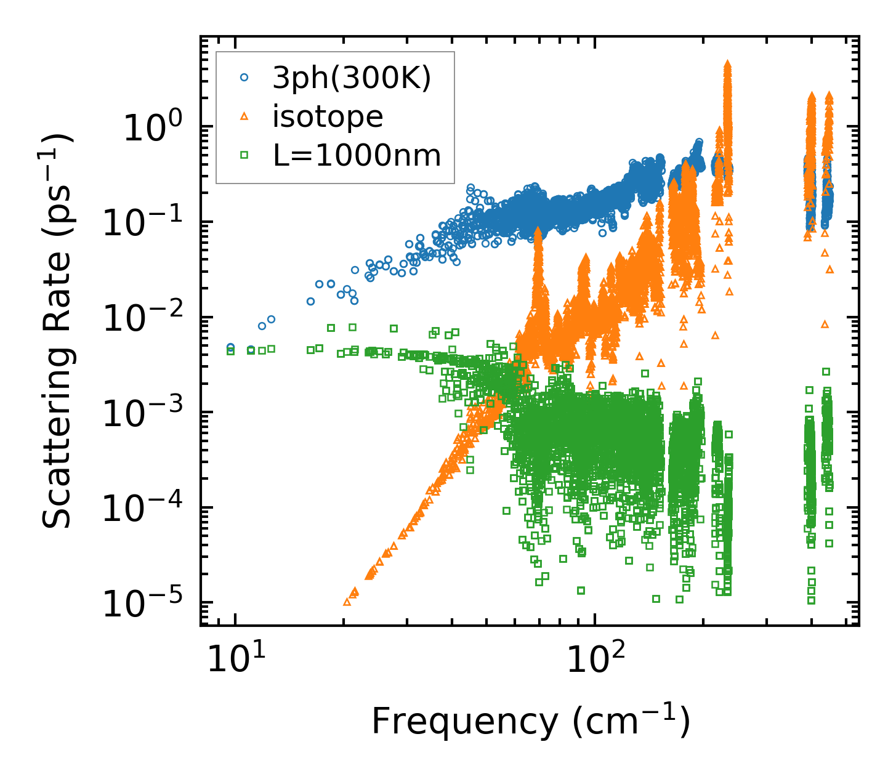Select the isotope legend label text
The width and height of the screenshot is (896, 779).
328,117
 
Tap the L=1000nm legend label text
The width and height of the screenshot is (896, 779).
357,156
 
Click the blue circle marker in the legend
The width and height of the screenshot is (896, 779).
244,78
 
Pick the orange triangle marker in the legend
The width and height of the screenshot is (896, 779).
244,116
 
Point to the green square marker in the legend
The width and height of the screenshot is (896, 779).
244,155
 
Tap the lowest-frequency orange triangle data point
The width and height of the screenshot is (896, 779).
347,600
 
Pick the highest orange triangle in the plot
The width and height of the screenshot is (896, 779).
727,64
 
